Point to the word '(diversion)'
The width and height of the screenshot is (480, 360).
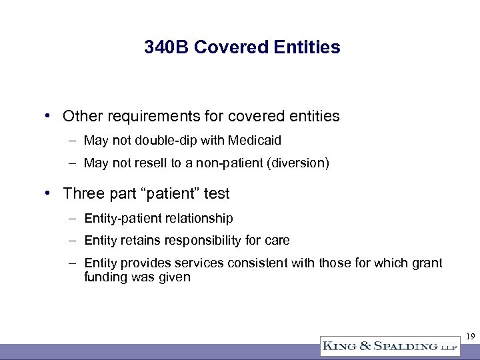point(299,163)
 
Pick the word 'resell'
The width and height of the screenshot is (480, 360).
point(150,163)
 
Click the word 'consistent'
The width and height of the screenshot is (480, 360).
point(257,263)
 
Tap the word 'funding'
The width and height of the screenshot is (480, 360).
point(105,277)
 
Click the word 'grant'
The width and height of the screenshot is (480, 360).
point(427,263)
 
